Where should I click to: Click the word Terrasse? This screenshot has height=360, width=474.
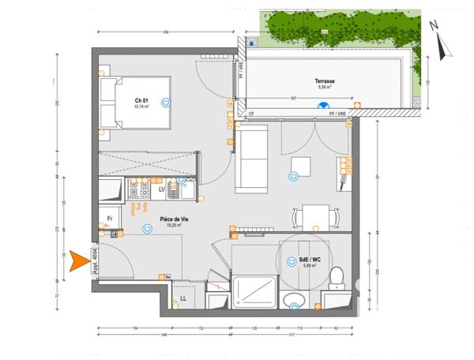coord(325,81)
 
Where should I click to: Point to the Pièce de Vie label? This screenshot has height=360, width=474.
coord(171,220)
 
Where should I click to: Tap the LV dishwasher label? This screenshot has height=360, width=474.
coord(161,189)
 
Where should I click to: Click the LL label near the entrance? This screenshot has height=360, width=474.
coord(182,298)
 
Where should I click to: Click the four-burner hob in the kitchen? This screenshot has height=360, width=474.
coord(139,189)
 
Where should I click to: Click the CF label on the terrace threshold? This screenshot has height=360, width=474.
coord(251,114)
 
